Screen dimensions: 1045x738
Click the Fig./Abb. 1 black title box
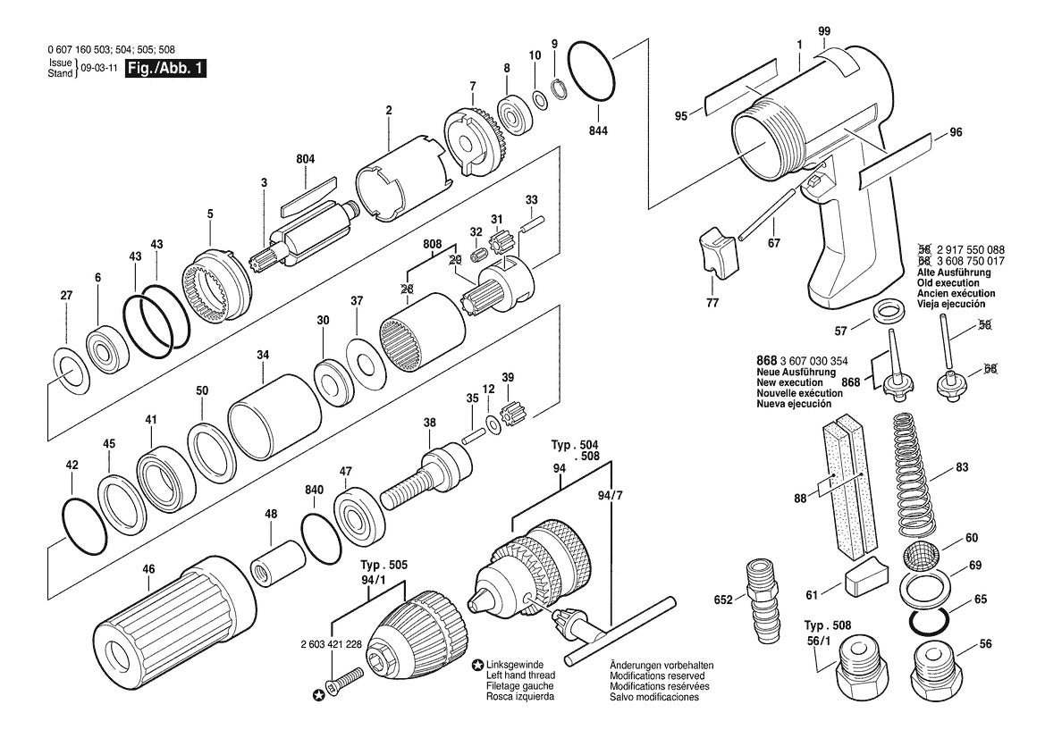click(x=166, y=68)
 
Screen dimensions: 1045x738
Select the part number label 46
click(x=148, y=569)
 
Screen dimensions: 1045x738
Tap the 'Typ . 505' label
click(x=383, y=566)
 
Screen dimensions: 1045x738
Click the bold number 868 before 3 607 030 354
click(x=766, y=361)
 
